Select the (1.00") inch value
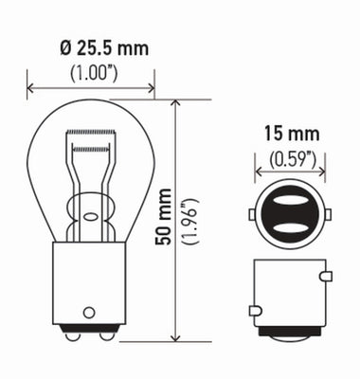click(91, 74)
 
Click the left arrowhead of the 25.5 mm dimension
click(31, 91)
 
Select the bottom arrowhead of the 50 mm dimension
click(176, 337)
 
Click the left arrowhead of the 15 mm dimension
click(259, 172)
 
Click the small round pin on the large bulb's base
click(88, 310)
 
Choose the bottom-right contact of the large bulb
click(107, 334)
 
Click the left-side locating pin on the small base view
click(253, 309)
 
